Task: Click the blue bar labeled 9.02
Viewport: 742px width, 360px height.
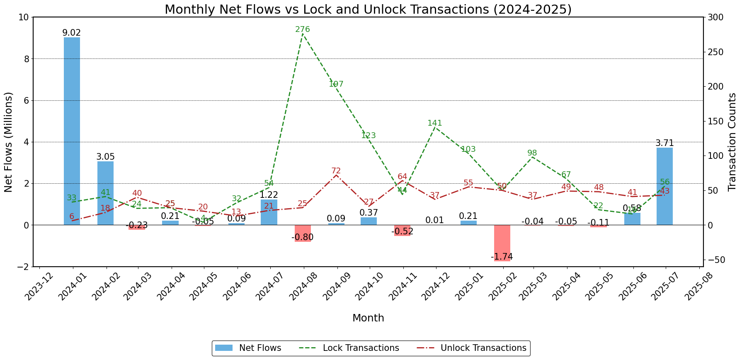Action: pyautogui.click(x=72, y=131)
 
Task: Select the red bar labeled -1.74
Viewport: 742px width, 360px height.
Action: pyautogui.click(x=502, y=243)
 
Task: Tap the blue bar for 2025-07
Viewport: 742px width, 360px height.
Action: pyautogui.click(x=664, y=186)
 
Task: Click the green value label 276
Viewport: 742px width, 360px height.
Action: pyautogui.click(x=303, y=29)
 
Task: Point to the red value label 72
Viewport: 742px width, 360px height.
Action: pyautogui.click(x=336, y=171)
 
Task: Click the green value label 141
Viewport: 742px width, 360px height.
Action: pyautogui.click(x=435, y=123)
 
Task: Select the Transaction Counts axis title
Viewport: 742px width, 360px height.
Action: pyautogui.click(x=732, y=142)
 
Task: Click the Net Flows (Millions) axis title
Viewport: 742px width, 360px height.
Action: pyautogui.click(x=9, y=142)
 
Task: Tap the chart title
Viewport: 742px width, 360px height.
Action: pyautogui.click(x=368, y=9)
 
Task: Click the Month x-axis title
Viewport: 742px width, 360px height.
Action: pyautogui.click(x=368, y=318)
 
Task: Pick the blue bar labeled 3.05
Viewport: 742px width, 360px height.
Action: pyautogui.click(x=105, y=193)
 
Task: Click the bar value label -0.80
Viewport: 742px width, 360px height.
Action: pyautogui.click(x=303, y=237)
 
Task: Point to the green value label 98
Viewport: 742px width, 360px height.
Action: pyautogui.click(x=532, y=153)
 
